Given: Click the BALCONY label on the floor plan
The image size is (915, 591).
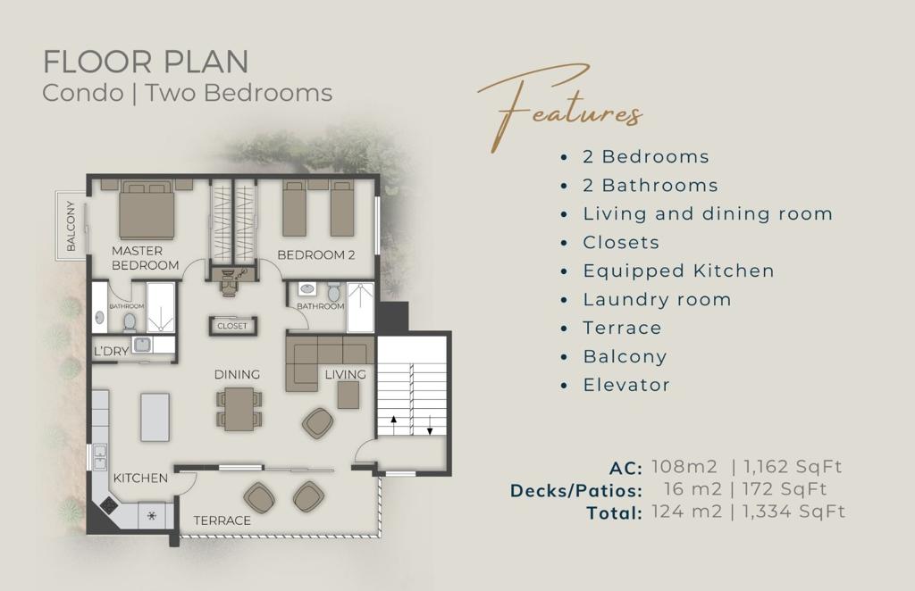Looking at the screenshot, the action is coord(71,226).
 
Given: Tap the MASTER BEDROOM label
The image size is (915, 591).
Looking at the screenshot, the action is coord(146,258).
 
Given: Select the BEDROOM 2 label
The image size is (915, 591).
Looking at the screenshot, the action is coord(316,254).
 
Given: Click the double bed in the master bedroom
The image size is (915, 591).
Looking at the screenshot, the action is coord(147,210).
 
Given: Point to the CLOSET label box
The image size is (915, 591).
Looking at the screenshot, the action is coord(232,326).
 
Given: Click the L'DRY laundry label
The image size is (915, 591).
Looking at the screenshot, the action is coord(112,351).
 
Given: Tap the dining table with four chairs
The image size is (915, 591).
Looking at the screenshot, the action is coord(239,409).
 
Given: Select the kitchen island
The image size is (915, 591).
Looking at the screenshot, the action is coord(155,417).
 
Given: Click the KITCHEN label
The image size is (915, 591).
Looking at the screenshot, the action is coord(140,478).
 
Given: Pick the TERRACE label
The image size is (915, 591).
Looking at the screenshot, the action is coord(222,520).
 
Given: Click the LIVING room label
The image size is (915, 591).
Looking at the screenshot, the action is coord(346,374).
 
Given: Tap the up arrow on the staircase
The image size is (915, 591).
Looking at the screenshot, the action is coord(394,425).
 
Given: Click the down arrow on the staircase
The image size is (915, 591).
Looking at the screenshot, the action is coord(430,425).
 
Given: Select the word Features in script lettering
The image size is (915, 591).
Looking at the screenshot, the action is coord(560,109).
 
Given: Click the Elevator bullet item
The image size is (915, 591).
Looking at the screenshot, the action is coord(626,385).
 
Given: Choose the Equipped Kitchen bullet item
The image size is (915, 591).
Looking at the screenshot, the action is coord(679,271).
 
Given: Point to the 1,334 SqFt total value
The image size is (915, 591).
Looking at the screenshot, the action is coord(793,512).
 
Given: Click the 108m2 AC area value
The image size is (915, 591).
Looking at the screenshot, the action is coord(684,466).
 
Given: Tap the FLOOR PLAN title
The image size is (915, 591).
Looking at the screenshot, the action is coord(146,62).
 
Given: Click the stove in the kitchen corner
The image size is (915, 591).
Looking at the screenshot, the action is coord(110,504).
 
